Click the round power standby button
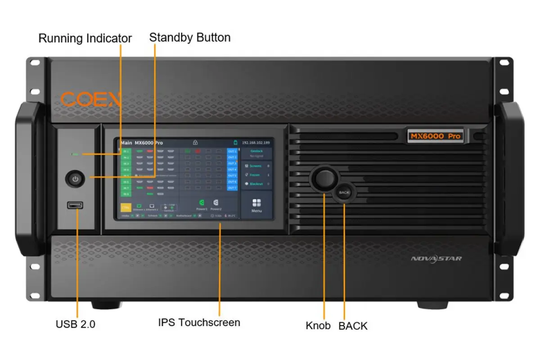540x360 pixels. coord(75,179)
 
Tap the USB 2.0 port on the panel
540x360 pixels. coord(75,205)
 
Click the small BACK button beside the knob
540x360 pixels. coord(344,192)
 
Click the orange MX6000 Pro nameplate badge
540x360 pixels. coord(436,136)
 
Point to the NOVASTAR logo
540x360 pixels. coord(436,258)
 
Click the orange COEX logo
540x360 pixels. coord(90,99)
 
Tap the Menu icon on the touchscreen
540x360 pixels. coord(256,205)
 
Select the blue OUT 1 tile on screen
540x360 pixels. coord(232,151)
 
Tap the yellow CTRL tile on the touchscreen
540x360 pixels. coord(126,208)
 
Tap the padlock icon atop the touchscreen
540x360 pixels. coord(195,143)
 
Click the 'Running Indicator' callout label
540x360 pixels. coord(85,39)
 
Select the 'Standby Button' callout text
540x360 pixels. coord(189,37)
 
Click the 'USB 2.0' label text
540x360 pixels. coord(76,324)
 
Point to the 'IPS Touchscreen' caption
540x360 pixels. coord(199,323)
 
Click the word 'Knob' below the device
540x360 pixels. coord(318,325)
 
